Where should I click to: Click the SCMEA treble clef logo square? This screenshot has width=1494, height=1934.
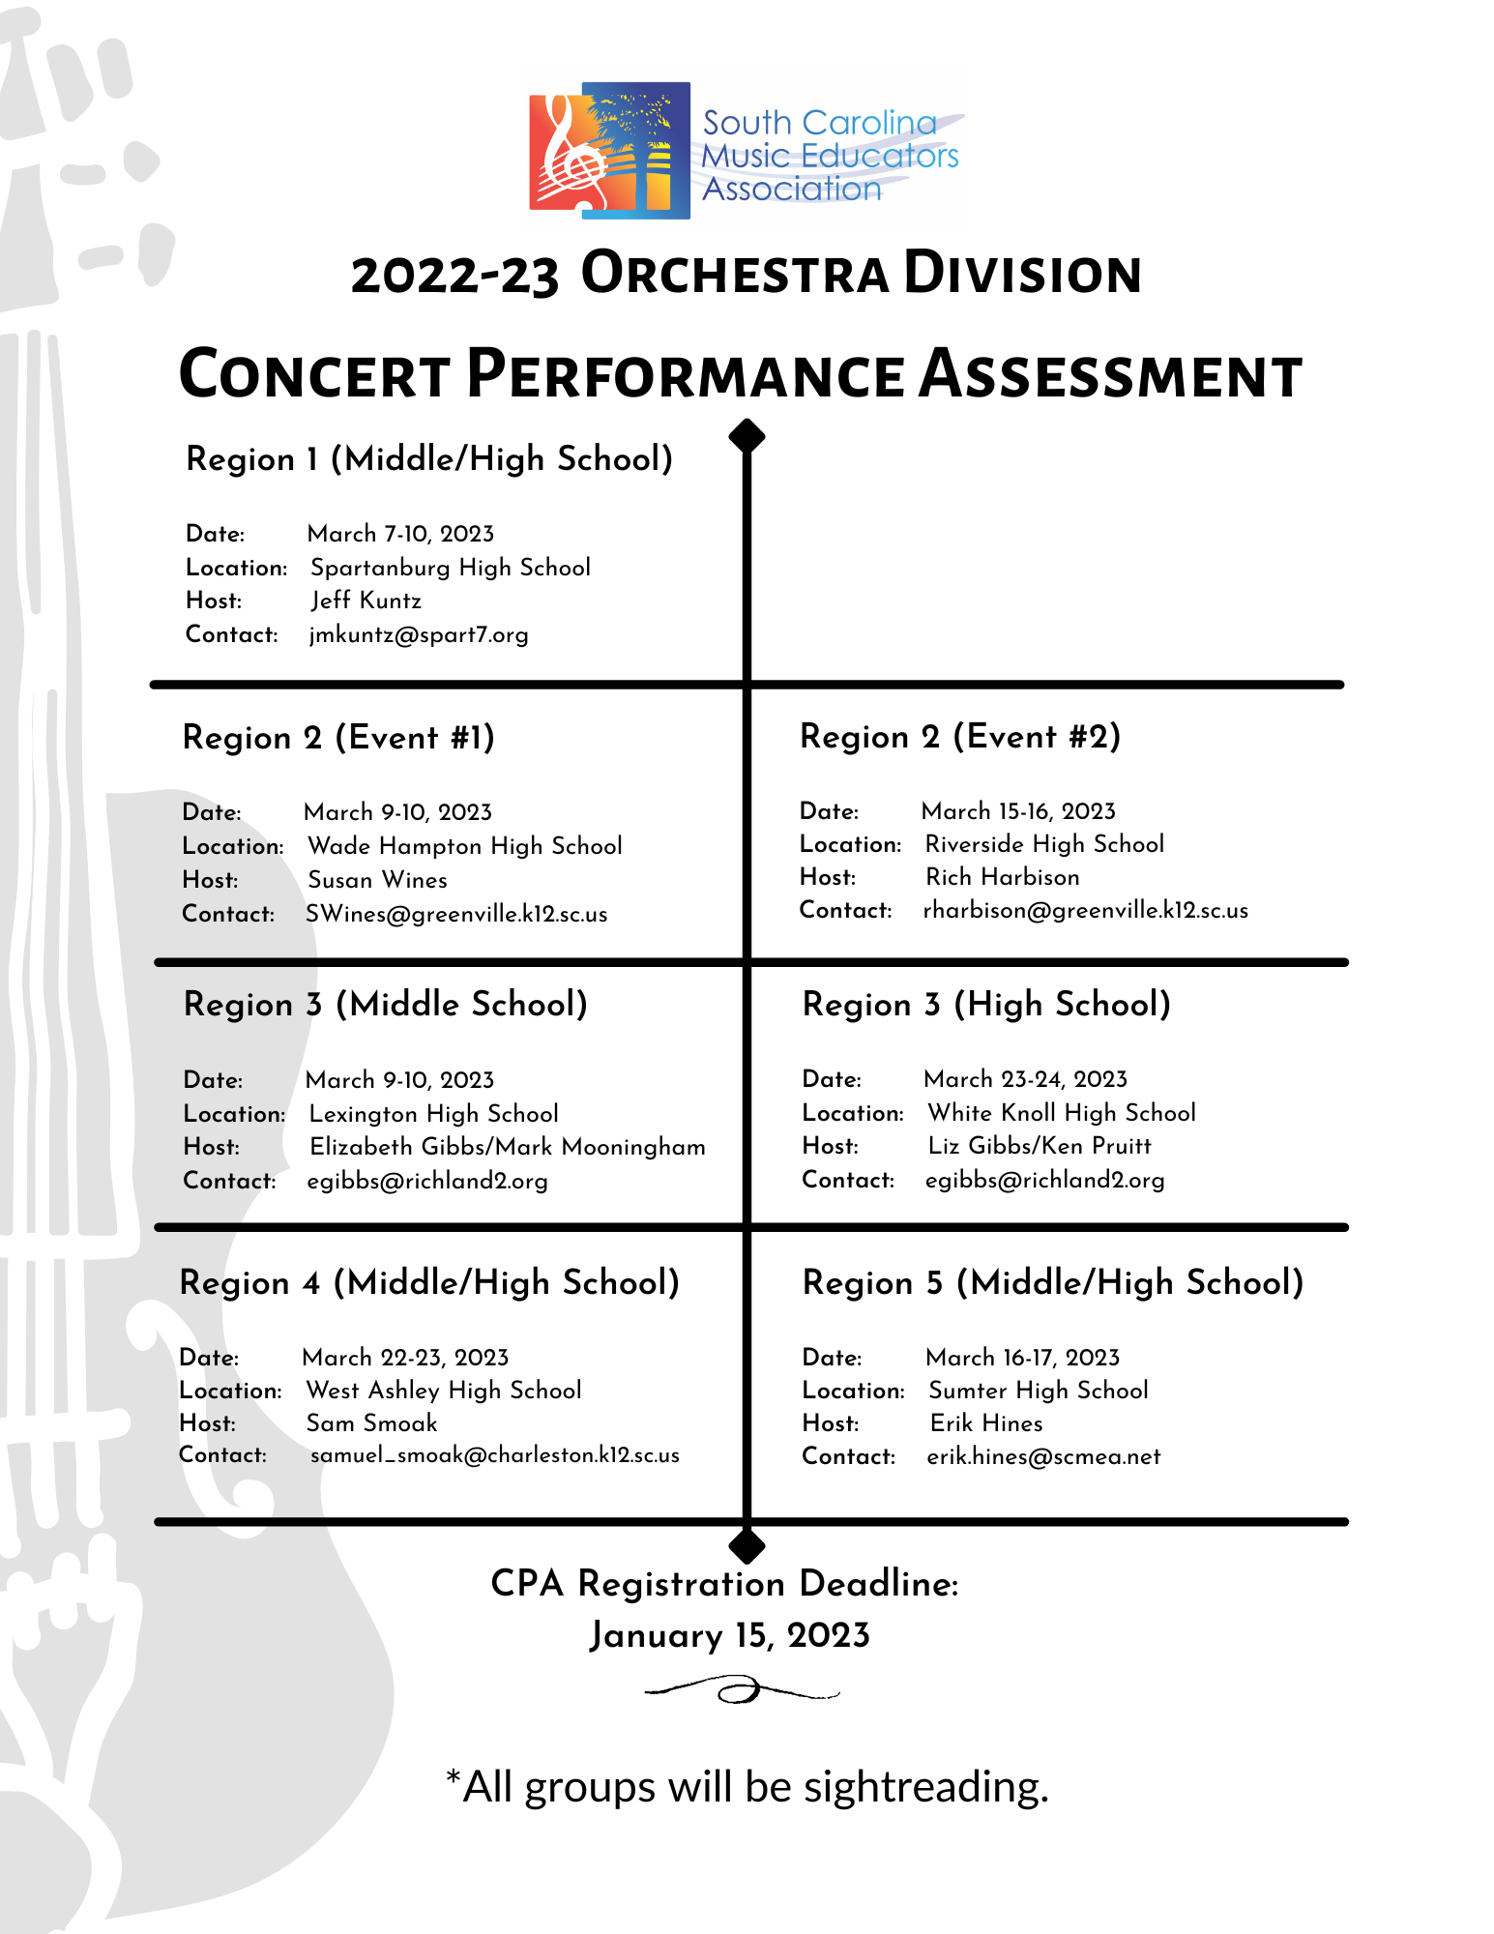[x=609, y=150]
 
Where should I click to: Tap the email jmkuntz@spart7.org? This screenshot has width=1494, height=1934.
[x=419, y=635]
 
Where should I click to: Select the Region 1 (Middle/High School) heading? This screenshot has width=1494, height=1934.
[x=429, y=458]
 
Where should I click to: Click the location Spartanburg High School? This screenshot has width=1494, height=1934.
[x=450, y=568]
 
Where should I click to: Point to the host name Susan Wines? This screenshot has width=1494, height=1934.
[x=377, y=880]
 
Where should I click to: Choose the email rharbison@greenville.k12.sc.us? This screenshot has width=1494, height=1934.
[x=1085, y=911]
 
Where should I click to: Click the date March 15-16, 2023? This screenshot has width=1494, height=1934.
[x=1018, y=811]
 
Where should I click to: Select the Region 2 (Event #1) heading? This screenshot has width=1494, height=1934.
[x=338, y=738]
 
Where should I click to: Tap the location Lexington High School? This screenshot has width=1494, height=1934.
[x=433, y=1114]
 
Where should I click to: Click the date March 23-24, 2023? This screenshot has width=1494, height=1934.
[x=1025, y=1079]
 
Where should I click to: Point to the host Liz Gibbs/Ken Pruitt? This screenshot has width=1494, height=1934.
[x=1040, y=1146]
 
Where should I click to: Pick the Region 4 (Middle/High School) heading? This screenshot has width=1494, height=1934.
[x=429, y=1283]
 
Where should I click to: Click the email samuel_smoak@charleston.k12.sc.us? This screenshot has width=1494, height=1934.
[x=494, y=1455]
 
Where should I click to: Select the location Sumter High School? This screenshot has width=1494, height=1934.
[x=1039, y=1391]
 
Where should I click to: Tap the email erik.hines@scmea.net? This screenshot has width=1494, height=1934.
[x=1043, y=1457]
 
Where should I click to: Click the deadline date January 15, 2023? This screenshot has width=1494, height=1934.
[x=730, y=1635]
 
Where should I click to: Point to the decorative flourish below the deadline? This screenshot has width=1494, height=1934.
[x=741, y=1691]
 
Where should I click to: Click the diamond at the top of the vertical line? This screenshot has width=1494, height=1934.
[x=747, y=436]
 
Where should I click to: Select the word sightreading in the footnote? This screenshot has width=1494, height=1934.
[x=925, y=1787]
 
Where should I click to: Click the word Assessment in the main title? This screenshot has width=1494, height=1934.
[x=1110, y=375]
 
